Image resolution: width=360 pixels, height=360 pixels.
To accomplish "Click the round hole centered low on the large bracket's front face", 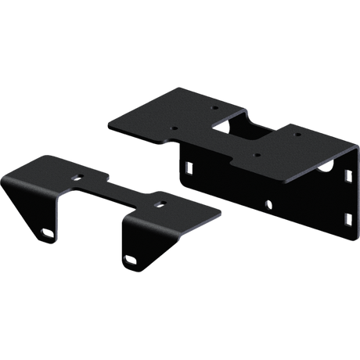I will coord(268,206).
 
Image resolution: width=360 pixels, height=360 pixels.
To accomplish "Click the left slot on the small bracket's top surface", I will coord(77,178).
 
